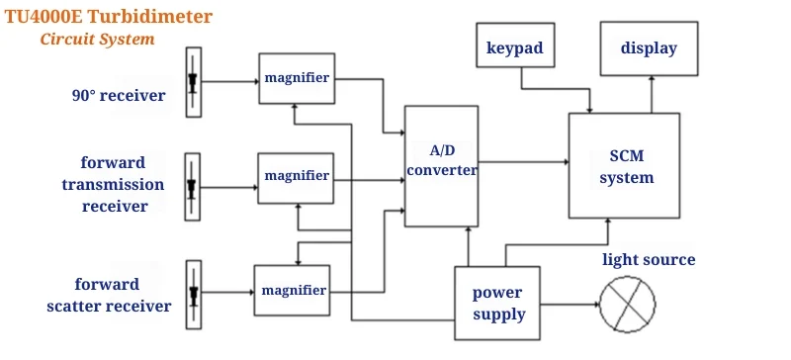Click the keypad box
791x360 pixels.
pyautogui.click(x=514, y=48)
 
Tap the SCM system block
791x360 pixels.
pyautogui.click(x=624, y=166)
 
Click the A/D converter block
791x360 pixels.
pyautogui.click(x=440, y=164)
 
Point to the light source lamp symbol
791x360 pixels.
pyautogui.click(x=631, y=304)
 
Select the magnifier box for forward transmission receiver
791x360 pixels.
pyautogui.click(x=296, y=176)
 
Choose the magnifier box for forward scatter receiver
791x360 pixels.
pyautogui.click(x=293, y=290)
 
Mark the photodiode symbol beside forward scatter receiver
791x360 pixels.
pyautogui.click(x=193, y=294)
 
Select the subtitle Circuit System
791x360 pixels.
pyautogui.click(x=97, y=40)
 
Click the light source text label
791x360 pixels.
pyautogui.click(x=649, y=260)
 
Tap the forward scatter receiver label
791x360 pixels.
pyautogui.click(x=109, y=295)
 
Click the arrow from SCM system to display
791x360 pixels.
pyautogui.click(x=651, y=97)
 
